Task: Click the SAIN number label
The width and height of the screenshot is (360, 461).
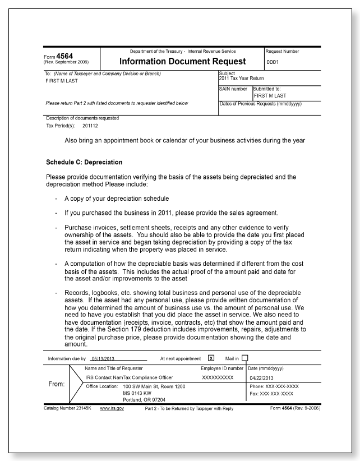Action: pos(233,90)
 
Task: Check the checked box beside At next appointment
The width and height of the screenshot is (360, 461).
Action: pos(211,358)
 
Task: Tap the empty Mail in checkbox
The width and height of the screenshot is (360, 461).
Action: pos(244,358)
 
